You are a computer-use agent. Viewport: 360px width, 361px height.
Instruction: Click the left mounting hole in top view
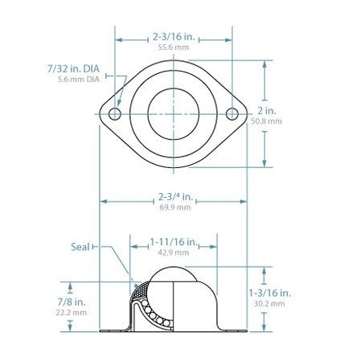tap(115, 114)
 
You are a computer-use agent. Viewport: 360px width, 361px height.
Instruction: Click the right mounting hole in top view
tap(234, 114)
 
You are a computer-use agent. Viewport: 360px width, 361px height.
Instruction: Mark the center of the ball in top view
tap(174, 114)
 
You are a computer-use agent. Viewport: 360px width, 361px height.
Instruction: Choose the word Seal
tap(81, 247)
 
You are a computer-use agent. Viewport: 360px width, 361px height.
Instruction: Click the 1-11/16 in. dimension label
tap(174, 241)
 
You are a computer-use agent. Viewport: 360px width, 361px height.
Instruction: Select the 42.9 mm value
tap(174, 252)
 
